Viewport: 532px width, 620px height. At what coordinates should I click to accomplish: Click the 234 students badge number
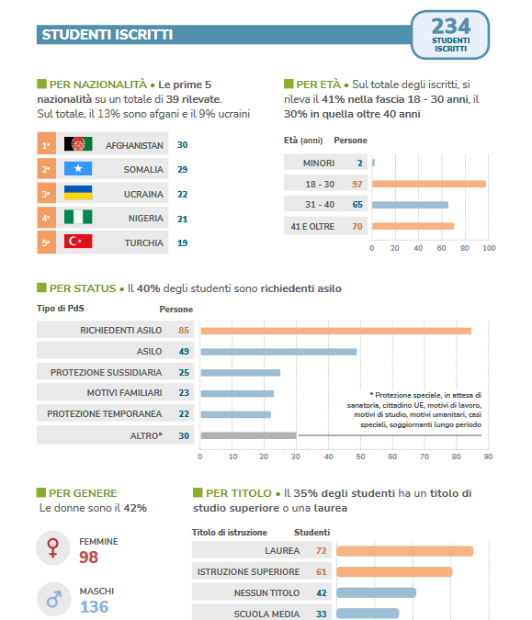[x=450, y=27]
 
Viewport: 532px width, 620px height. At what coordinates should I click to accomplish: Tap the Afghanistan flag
[x=78, y=144]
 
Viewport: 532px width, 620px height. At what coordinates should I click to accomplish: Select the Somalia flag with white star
[x=78, y=168]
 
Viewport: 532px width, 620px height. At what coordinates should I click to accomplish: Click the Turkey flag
[x=78, y=242]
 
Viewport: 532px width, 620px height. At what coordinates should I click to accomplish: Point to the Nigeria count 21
[x=182, y=219]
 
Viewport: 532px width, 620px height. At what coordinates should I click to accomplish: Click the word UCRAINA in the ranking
[x=143, y=194]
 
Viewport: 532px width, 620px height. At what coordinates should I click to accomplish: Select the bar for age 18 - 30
[x=429, y=184]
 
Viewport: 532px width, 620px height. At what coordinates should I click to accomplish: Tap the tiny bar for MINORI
[x=373, y=163]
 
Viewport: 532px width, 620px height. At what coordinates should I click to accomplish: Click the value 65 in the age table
[x=357, y=205]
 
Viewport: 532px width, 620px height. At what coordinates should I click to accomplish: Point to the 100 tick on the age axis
[x=489, y=248]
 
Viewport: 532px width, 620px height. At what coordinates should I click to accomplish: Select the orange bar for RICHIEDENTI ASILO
[x=335, y=331]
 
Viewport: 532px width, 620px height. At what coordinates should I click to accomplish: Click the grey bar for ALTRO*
[x=248, y=435]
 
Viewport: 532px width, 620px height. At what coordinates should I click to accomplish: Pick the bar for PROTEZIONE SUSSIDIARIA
[x=241, y=373]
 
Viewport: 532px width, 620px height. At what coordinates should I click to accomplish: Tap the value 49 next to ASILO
[x=184, y=351]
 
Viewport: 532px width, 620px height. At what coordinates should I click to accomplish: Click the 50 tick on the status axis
[x=360, y=457]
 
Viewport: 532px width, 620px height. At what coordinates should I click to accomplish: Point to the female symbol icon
[x=53, y=547]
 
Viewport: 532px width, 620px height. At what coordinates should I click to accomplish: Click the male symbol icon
[x=54, y=599]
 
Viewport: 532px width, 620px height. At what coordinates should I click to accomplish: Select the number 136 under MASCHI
[x=94, y=606]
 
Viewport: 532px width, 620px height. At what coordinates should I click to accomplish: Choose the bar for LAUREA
[x=404, y=551]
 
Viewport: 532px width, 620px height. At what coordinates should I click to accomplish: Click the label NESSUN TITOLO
[x=266, y=593]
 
